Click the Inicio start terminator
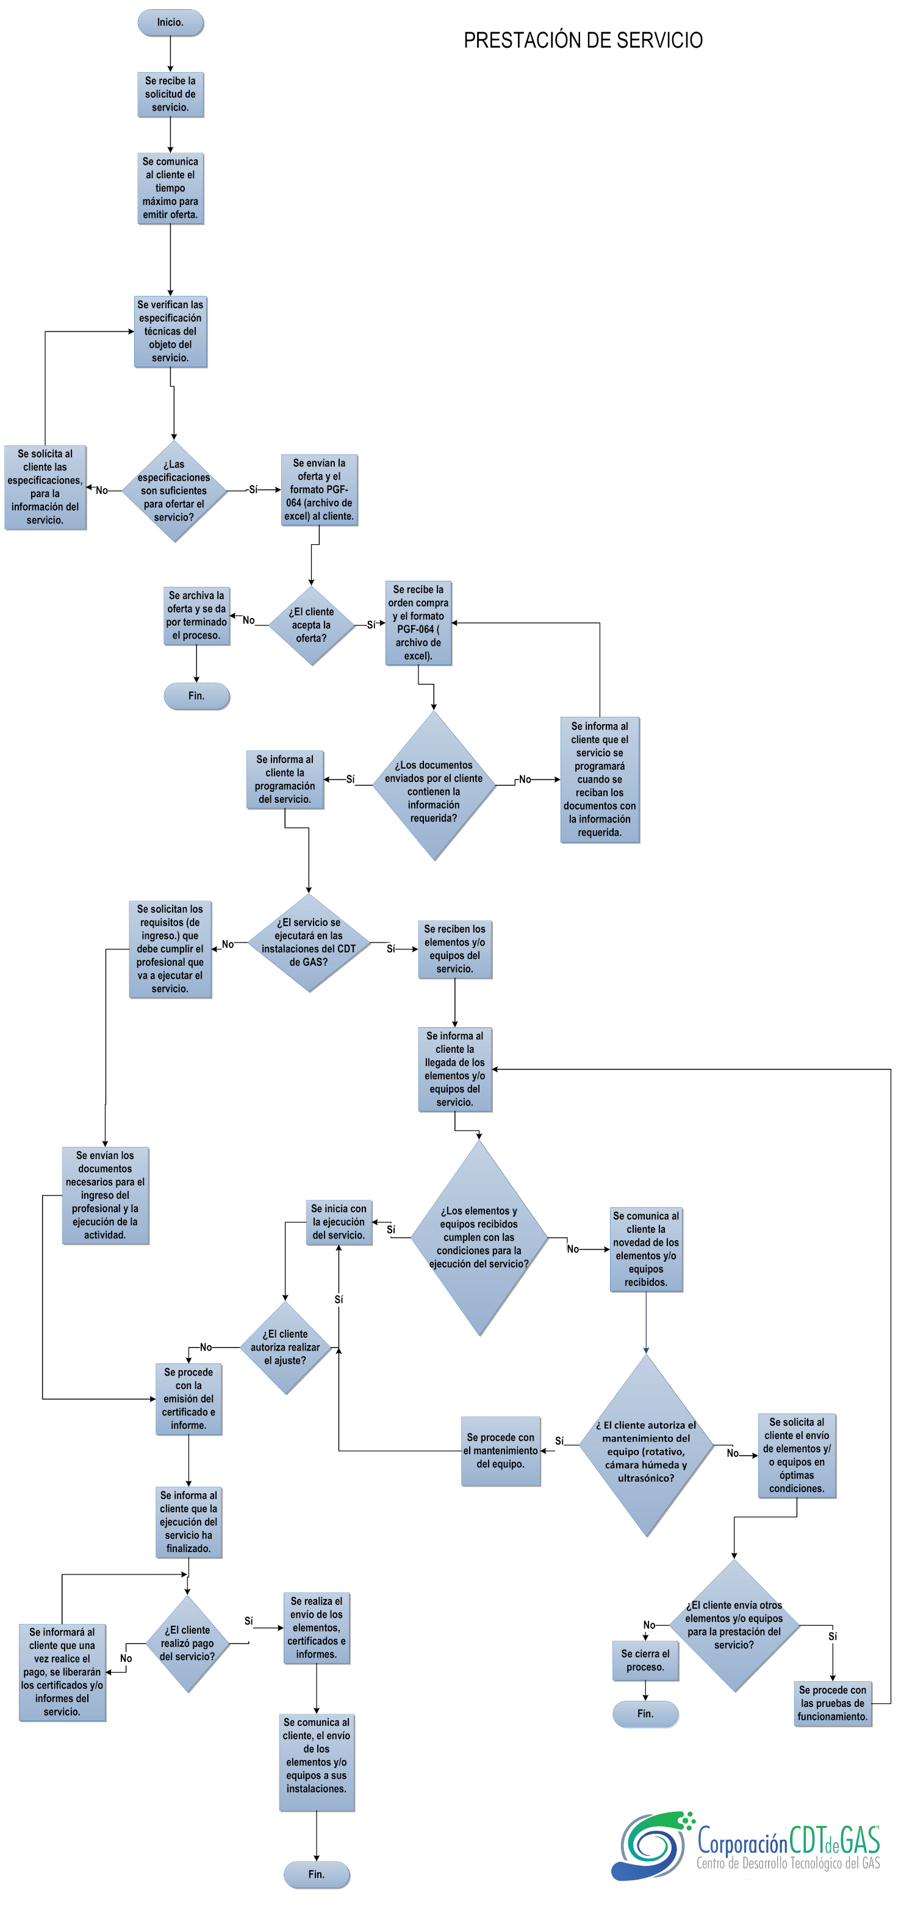(170, 22)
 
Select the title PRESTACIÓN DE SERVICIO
(583, 40)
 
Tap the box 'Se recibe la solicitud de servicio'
(170, 94)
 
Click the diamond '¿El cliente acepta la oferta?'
(311, 625)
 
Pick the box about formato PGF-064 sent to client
(319, 489)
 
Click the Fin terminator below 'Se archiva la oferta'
(196, 696)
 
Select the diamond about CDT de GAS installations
(308, 942)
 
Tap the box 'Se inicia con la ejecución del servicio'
(339, 1221)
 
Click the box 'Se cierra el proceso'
(645, 1660)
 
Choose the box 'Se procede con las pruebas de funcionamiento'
(832, 1703)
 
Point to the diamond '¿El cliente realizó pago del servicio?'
(187, 1643)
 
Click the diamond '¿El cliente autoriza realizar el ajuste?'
(285, 1346)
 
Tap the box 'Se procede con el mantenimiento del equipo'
(500, 1450)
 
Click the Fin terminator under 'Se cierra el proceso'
(645, 1713)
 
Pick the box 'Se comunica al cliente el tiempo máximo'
(170, 188)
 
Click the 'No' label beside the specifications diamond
(101, 490)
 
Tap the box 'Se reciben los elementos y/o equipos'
(454, 949)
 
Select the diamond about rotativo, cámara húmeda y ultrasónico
(645, 1450)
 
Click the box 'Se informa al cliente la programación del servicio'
(285, 779)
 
